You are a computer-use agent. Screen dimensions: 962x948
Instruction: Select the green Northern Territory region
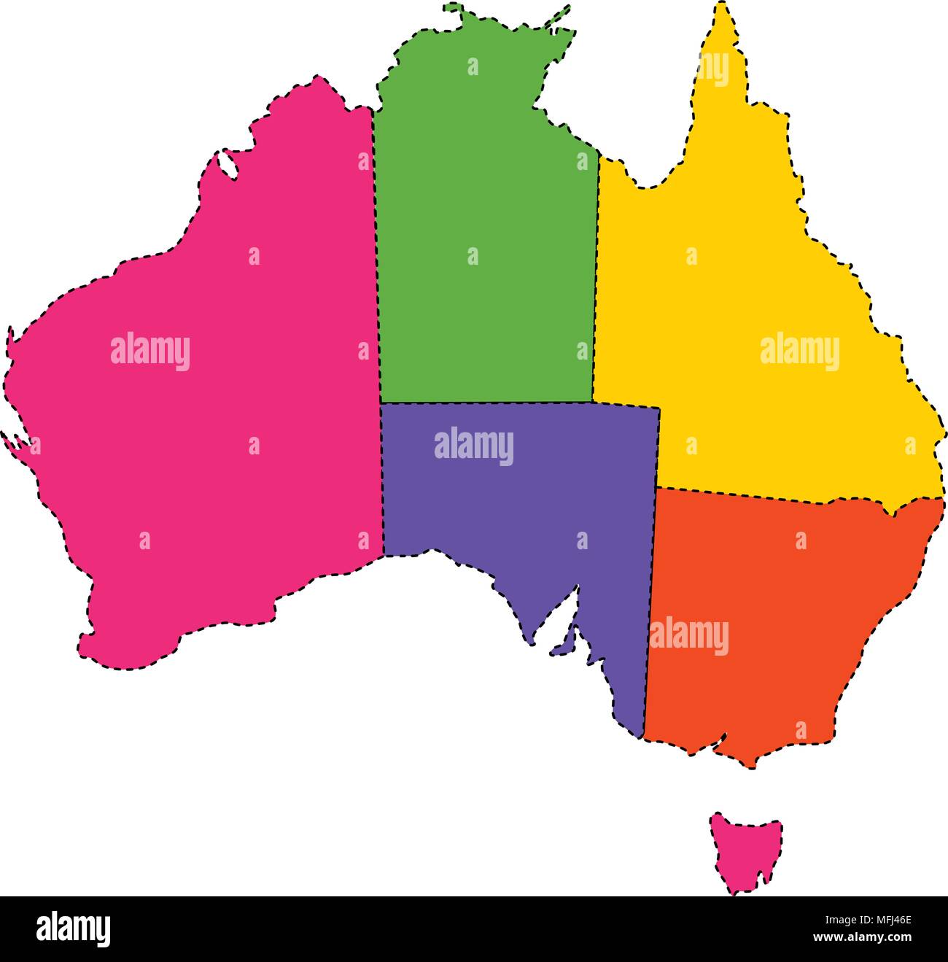[485, 219]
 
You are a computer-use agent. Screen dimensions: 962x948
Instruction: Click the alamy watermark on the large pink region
[150, 352]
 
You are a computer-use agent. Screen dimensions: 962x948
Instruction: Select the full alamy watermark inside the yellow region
[800, 352]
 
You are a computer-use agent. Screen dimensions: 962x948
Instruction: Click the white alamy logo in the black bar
[74, 929]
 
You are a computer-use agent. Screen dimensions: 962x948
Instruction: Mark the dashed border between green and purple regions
[485, 403]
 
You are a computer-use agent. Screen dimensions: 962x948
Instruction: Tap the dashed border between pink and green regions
[376, 255]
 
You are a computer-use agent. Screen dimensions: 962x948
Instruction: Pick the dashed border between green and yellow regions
[596, 277]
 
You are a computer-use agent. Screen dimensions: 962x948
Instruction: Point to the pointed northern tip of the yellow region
[722, 7]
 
